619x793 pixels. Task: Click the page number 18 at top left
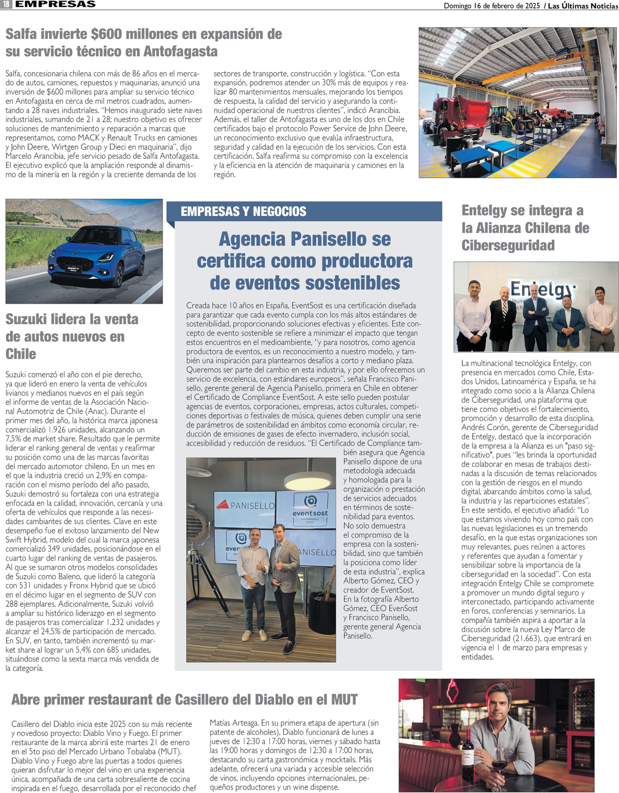pyautogui.click(x=6, y=4)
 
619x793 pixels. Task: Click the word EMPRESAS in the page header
pyautogui.click(x=55, y=4)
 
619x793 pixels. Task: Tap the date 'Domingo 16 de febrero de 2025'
pyautogui.click(x=491, y=6)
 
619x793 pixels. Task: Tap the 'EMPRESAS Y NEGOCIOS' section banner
pyautogui.click(x=243, y=212)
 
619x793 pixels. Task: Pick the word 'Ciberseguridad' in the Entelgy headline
pyautogui.click(x=508, y=245)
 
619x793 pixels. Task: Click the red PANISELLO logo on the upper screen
pyautogui.click(x=245, y=506)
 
